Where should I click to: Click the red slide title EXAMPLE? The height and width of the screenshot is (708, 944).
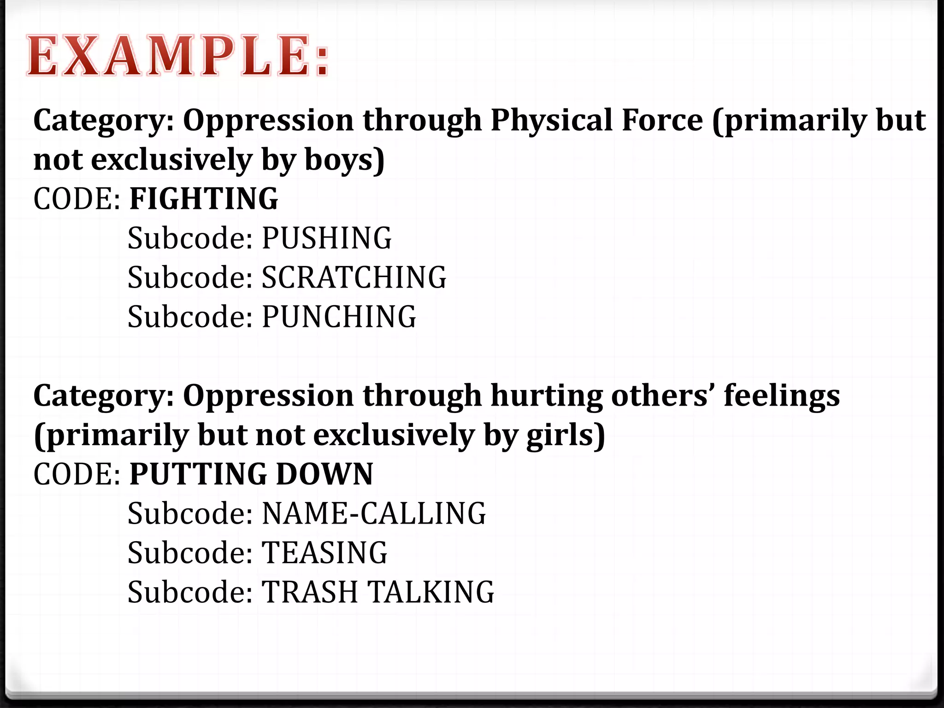click(x=177, y=56)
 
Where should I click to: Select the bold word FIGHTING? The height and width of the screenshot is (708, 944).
click(x=204, y=199)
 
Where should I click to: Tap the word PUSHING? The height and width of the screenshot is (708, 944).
click(x=327, y=238)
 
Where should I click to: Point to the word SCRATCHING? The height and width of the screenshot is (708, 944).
click(x=354, y=277)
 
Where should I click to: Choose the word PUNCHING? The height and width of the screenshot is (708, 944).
click(x=339, y=317)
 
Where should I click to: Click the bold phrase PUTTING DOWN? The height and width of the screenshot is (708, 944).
click(x=251, y=474)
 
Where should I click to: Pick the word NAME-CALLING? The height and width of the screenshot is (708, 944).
click(x=374, y=513)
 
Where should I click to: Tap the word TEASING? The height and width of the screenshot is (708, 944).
click(x=324, y=553)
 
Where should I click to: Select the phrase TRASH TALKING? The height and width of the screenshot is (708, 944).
click(x=378, y=592)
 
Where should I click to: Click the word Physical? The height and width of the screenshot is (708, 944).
click(x=551, y=121)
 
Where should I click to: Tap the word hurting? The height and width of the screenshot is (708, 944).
click(x=546, y=396)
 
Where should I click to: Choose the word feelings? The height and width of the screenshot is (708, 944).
click(x=782, y=396)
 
